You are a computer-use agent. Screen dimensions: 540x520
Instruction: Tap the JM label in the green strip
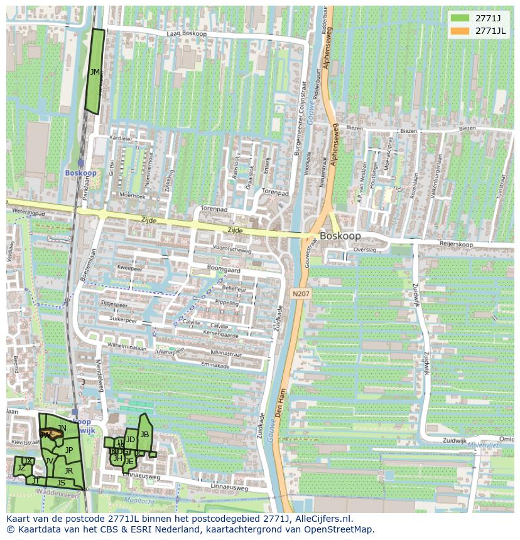(x=95, y=72)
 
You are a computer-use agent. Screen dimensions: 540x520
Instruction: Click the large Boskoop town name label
(x=340, y=236)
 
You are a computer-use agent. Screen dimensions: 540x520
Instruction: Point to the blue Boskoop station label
(x=80, y=172)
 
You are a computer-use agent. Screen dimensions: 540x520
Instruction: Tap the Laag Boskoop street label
(x=187, y=33)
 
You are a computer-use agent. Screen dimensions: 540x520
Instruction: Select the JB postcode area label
(x=144, y=434)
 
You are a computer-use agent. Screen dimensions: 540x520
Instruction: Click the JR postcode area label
(x=68, y=470)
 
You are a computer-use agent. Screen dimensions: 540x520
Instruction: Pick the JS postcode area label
(x=61, y=482)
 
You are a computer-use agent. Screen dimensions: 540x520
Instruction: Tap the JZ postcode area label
(x=21, y=467)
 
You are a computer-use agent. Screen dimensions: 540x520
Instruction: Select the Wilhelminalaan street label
(x=126, y=347)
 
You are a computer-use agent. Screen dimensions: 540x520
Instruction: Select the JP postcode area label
(x=69, y=450)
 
